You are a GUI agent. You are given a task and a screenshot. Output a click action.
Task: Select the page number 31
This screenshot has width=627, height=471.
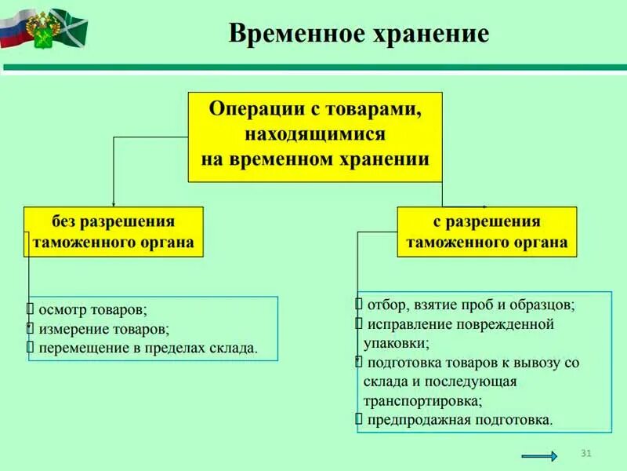[585, 453]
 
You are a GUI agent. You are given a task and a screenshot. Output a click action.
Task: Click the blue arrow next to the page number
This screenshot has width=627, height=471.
[539, 456]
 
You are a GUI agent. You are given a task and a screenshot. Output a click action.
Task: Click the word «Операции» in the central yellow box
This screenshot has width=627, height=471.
[255, 110]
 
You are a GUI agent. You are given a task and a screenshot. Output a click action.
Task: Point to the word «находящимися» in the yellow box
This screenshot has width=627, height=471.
[314, 134]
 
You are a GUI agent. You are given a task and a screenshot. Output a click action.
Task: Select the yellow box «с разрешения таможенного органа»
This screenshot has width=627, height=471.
[487, 232]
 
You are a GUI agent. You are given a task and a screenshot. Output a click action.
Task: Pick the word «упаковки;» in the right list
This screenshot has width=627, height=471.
[396, 343]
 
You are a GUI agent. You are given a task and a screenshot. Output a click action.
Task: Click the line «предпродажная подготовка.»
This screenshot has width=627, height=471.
[458, 420]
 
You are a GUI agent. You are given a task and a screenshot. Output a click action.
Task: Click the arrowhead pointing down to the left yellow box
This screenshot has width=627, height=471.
[114, 203]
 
